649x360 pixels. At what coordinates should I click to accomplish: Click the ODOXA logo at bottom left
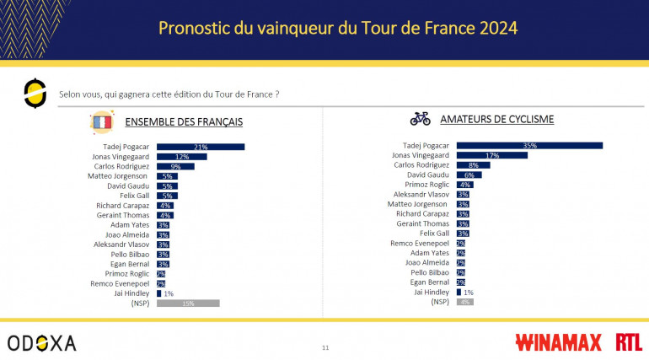pos(41,343)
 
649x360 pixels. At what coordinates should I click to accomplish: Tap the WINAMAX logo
pos(557,343)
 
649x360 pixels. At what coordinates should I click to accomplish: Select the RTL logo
pos(628,342)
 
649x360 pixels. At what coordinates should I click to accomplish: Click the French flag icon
pos(102,122)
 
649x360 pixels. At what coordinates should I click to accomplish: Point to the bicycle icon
pos(420,120)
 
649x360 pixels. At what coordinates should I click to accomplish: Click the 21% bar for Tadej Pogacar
pos(200,147)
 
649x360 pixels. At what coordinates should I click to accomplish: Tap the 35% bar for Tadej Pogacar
pos(529,146)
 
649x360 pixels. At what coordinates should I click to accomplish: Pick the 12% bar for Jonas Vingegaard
pos(181,157)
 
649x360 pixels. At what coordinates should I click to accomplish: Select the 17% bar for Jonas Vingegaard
pos(491,155)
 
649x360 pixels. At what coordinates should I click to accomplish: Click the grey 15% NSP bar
pos(187,304)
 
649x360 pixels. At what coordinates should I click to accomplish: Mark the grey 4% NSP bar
pos(464,301)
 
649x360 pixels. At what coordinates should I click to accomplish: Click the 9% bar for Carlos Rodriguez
pos(175,166)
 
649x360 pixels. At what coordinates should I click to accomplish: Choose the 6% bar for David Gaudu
pos(469,175)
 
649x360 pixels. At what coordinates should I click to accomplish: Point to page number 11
pos(325,347)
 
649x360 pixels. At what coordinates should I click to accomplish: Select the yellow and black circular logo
pos(35,93)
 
